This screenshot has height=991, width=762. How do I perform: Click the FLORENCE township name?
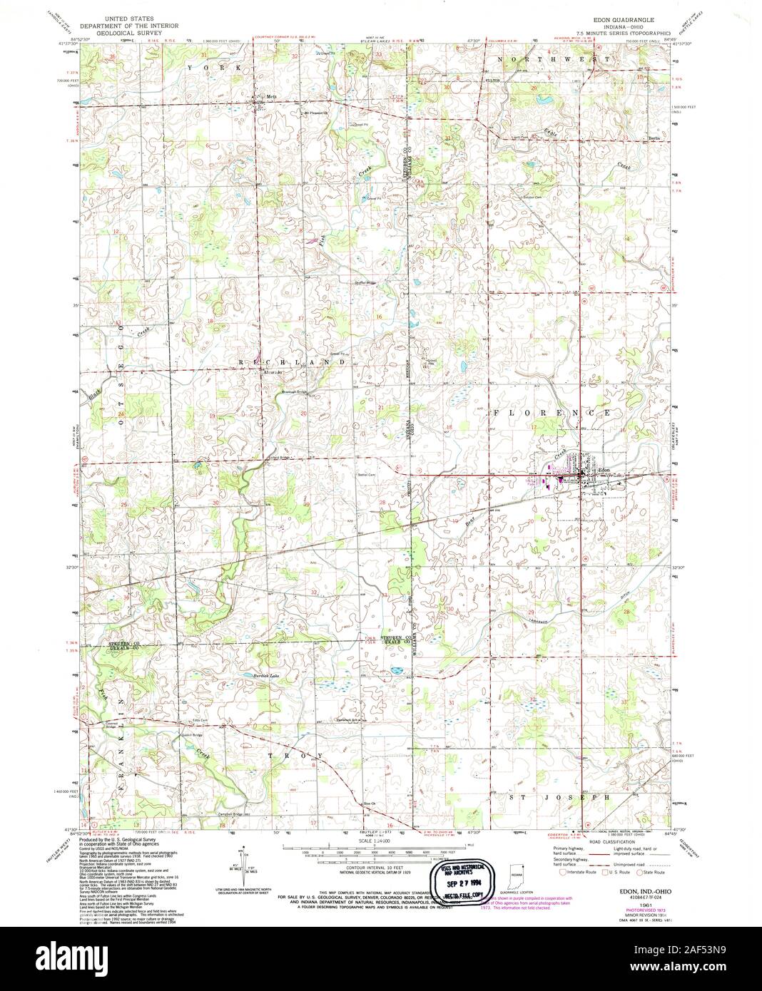549,413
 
